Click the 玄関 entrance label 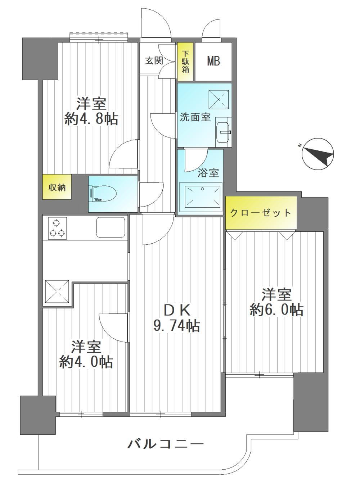tap(154, 60)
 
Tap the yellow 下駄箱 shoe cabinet tap(185, 62)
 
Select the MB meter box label tap(213, 61)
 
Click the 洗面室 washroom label tap(195, 118)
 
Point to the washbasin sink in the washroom tap(223, 132)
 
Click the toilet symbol tap(103, 194)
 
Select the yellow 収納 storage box tap(57, 187)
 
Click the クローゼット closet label tap(261, 212)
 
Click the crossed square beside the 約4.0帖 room tap(57, 291)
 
